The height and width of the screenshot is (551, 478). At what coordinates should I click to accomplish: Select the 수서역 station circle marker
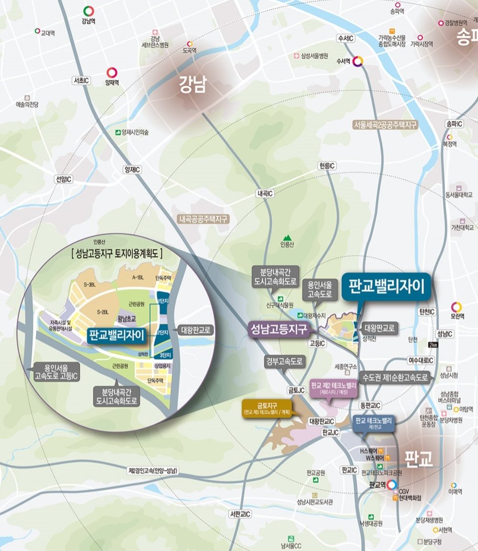(x=359, y=61)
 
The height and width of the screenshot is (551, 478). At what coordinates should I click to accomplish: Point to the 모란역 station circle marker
(x=456, y=307)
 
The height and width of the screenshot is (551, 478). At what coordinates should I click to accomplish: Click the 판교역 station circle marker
(x=391, y=484)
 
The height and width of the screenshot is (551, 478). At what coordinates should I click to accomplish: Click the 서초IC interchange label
(x=81, y=80)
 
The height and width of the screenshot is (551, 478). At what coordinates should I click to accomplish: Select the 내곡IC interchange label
(x=265, y=194)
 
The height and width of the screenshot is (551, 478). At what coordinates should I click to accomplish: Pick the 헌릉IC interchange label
(x=327, y=166)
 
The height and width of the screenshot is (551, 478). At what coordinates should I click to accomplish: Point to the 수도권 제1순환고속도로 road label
(x=395, y=377)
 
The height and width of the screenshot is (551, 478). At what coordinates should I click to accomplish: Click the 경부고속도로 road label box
(x=284, y=361)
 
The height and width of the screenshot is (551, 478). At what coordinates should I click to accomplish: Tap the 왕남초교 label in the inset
(x=129, y=317)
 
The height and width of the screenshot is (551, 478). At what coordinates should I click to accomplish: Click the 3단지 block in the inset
(x=165, y=355)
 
